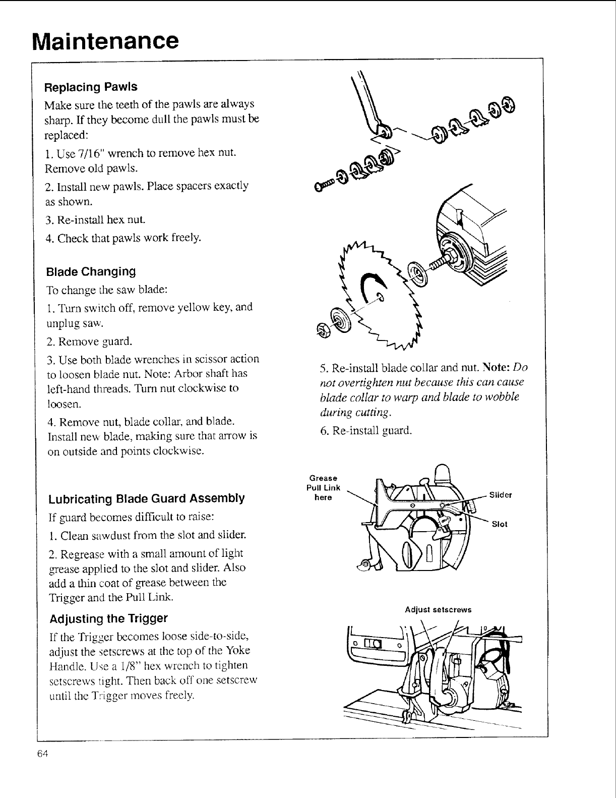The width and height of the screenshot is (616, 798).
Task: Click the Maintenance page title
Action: pyautogui.click(x=105, y=40)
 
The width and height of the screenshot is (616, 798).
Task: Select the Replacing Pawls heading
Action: pyautogui.click(x=91, y=87)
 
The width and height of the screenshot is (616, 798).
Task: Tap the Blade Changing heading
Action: pyautogui.click(x=91, y=272)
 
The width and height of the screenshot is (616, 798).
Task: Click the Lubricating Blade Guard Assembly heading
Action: pyautogui.click(x=146, y=499)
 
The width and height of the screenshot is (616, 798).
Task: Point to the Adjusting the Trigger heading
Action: pyautogui.click(x=108, y=618)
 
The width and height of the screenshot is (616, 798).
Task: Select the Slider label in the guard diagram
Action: pyautogui.click(x=501, y=495)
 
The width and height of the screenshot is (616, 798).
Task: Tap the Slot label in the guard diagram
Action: pyautogui.click(x=499, y=524)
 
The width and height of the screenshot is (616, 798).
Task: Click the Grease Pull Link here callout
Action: pyautogui.click(x=323, y=488)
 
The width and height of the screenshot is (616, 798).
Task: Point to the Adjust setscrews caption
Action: pyautogui.click(x=438, y=609)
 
